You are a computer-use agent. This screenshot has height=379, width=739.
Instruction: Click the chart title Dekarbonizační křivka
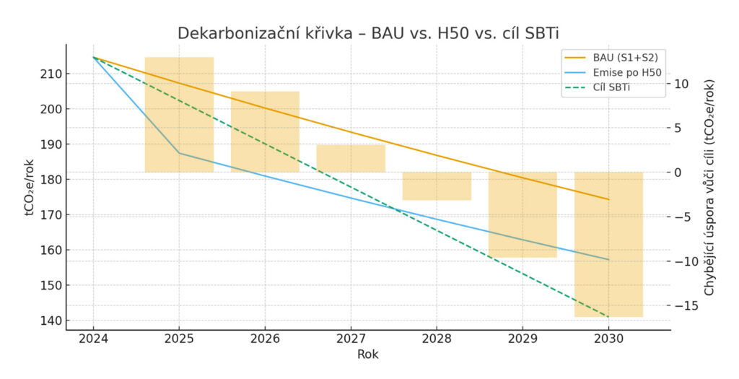tap(369, 34)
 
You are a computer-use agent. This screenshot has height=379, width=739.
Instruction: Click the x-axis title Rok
tap(367, 354)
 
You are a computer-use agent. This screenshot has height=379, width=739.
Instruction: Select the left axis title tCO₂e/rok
tap(28, 188)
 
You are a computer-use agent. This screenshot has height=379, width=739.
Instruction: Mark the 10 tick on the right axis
tap(682, 84)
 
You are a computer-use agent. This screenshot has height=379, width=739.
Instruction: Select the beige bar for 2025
tap(179, 114)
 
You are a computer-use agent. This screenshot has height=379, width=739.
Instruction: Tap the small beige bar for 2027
tap(351, 158)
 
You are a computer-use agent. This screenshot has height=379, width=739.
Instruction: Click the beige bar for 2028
tap(437, 186)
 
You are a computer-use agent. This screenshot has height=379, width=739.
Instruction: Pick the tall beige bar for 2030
tap(608, 244)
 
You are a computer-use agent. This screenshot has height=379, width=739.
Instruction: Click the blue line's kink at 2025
tap(179, 153)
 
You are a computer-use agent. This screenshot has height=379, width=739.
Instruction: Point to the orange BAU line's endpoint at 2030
tap(608, 199)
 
